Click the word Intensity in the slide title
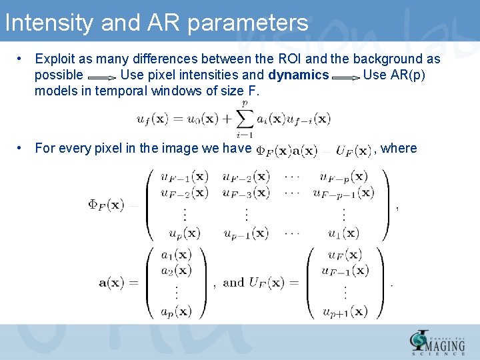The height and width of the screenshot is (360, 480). point(49,23)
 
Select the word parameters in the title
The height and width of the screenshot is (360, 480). point(248,23)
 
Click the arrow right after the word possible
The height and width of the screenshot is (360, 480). point(101,76)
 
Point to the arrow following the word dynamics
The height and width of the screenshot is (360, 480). point(345,76)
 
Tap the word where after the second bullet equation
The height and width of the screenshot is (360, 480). point(400,148)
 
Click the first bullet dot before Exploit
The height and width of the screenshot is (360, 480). point(21,59)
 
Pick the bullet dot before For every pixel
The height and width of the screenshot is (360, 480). point(21,148)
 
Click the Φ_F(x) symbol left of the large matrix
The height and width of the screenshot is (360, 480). point(107,205)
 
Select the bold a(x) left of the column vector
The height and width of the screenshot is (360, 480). point(119,283)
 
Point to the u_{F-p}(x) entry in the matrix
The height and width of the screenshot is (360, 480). point(343,177)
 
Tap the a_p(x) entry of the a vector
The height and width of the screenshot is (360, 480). point(176,310)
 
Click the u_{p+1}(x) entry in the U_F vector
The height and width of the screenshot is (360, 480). point(344,311)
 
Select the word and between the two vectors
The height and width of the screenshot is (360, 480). point(233,283)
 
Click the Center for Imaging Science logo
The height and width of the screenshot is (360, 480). point(437,343)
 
